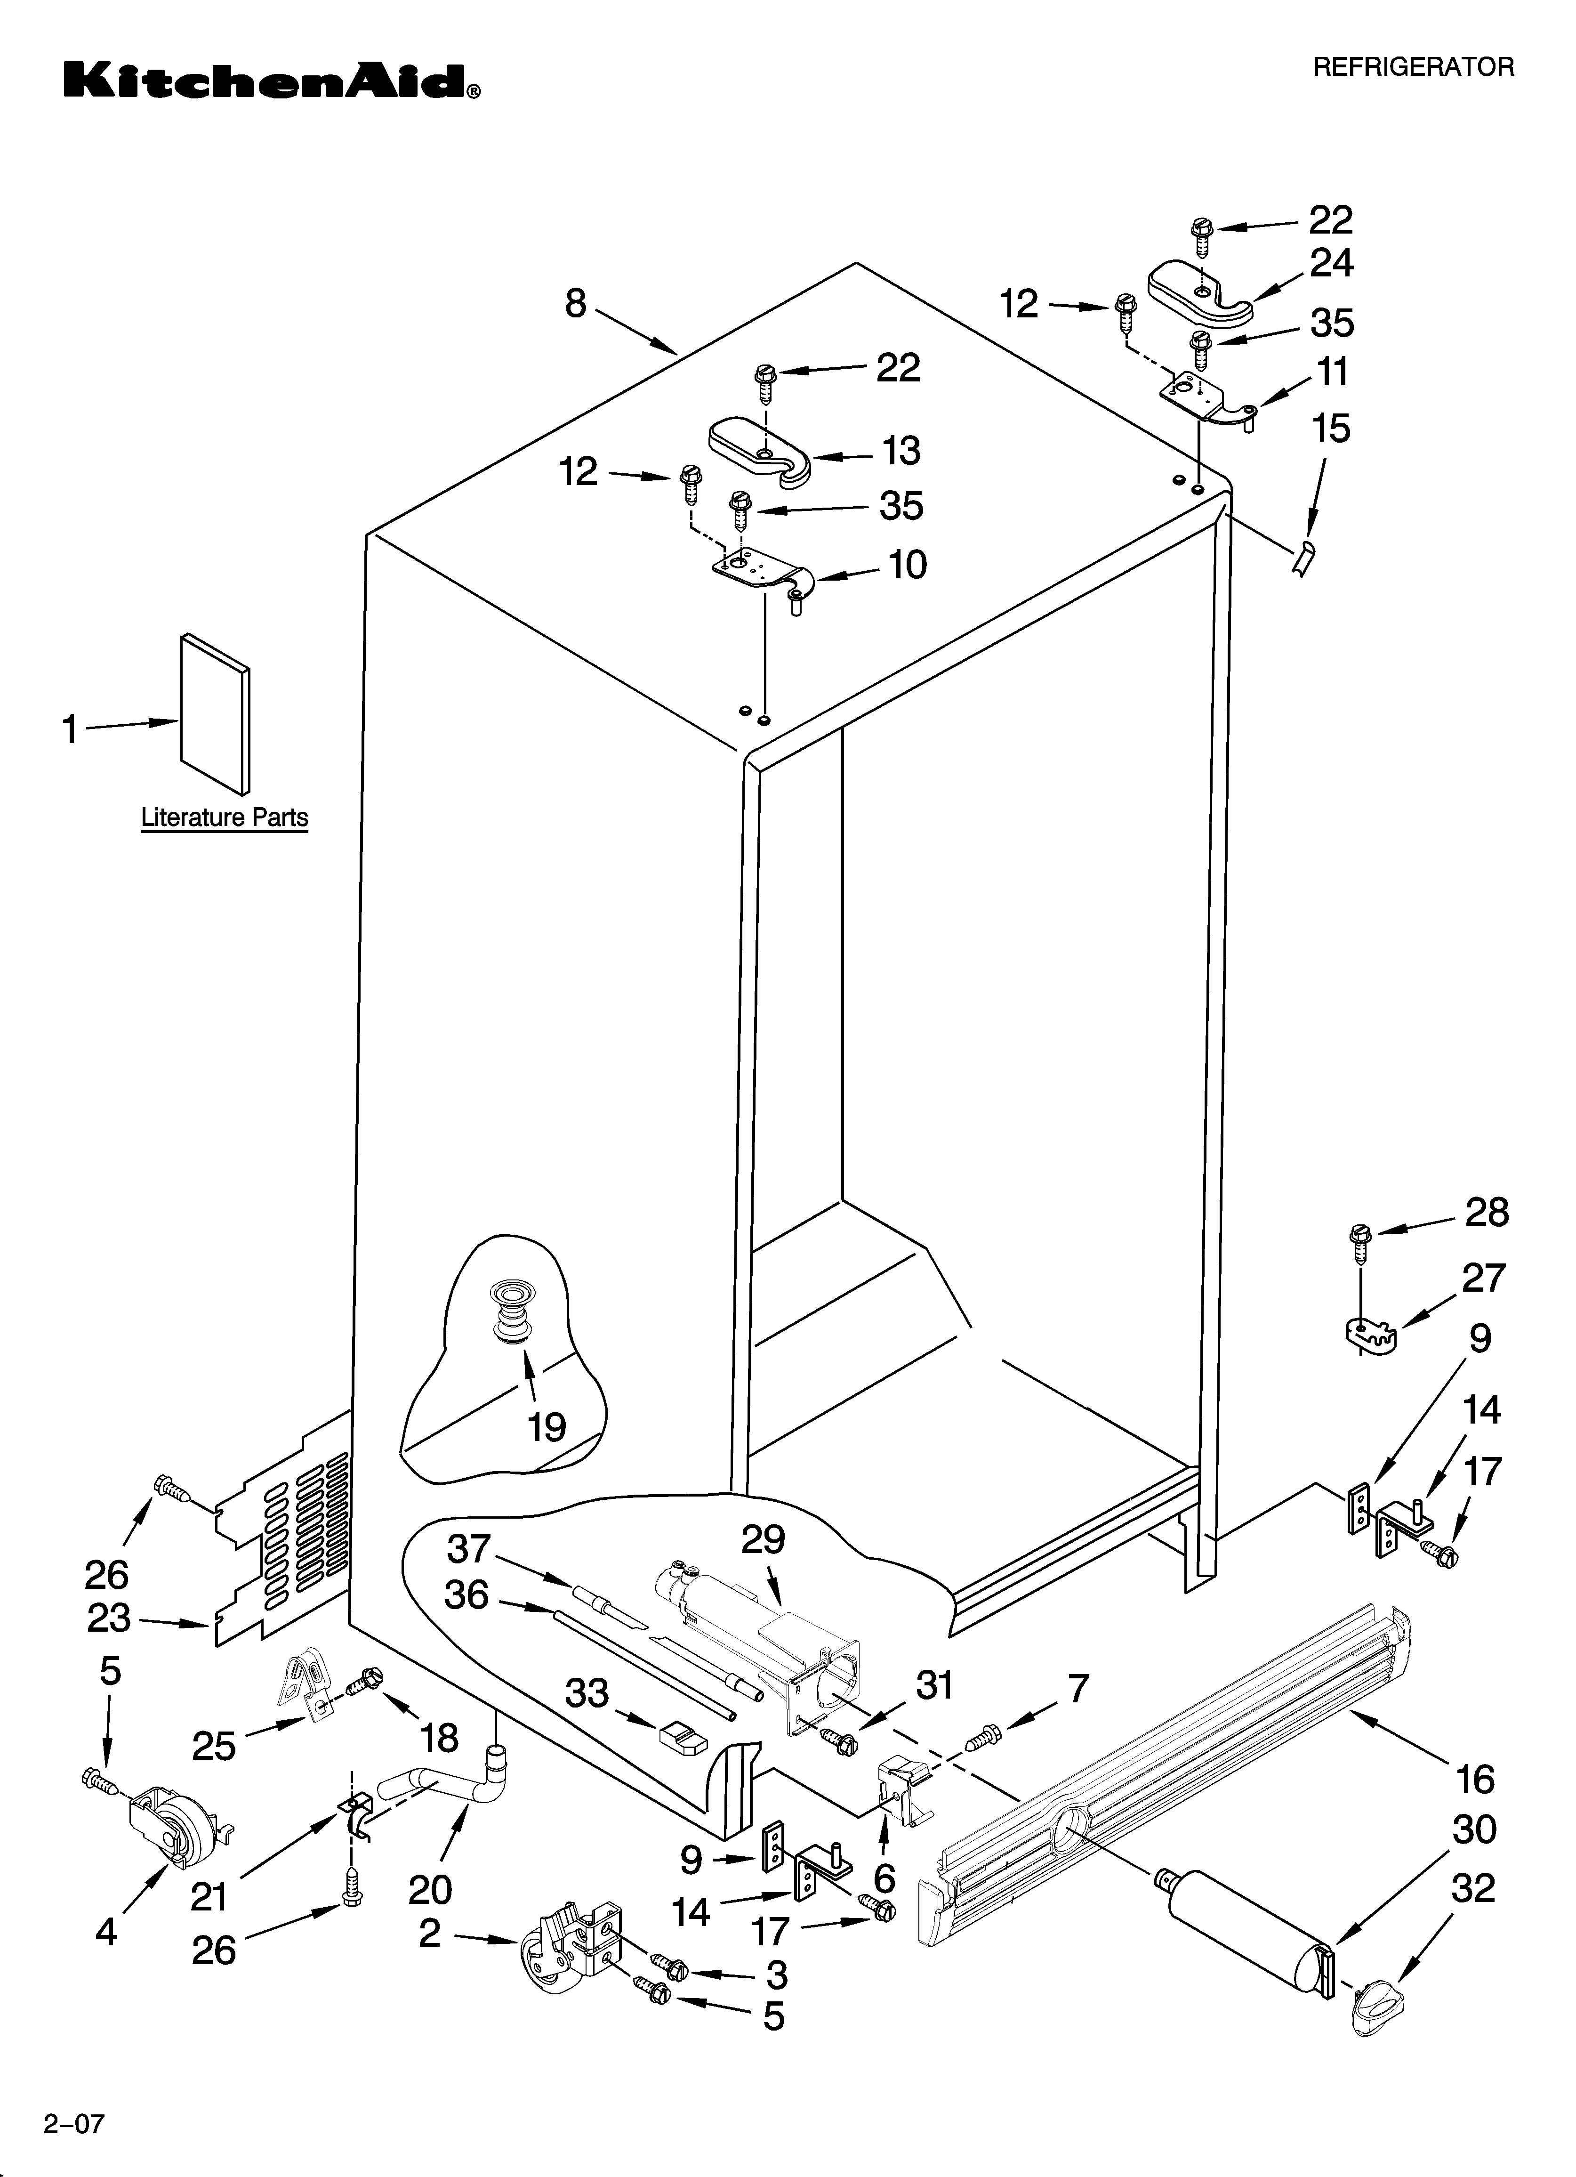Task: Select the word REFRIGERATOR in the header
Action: pos(1413,67)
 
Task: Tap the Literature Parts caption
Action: pos(225,818)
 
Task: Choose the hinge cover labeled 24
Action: pos(1200,288)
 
